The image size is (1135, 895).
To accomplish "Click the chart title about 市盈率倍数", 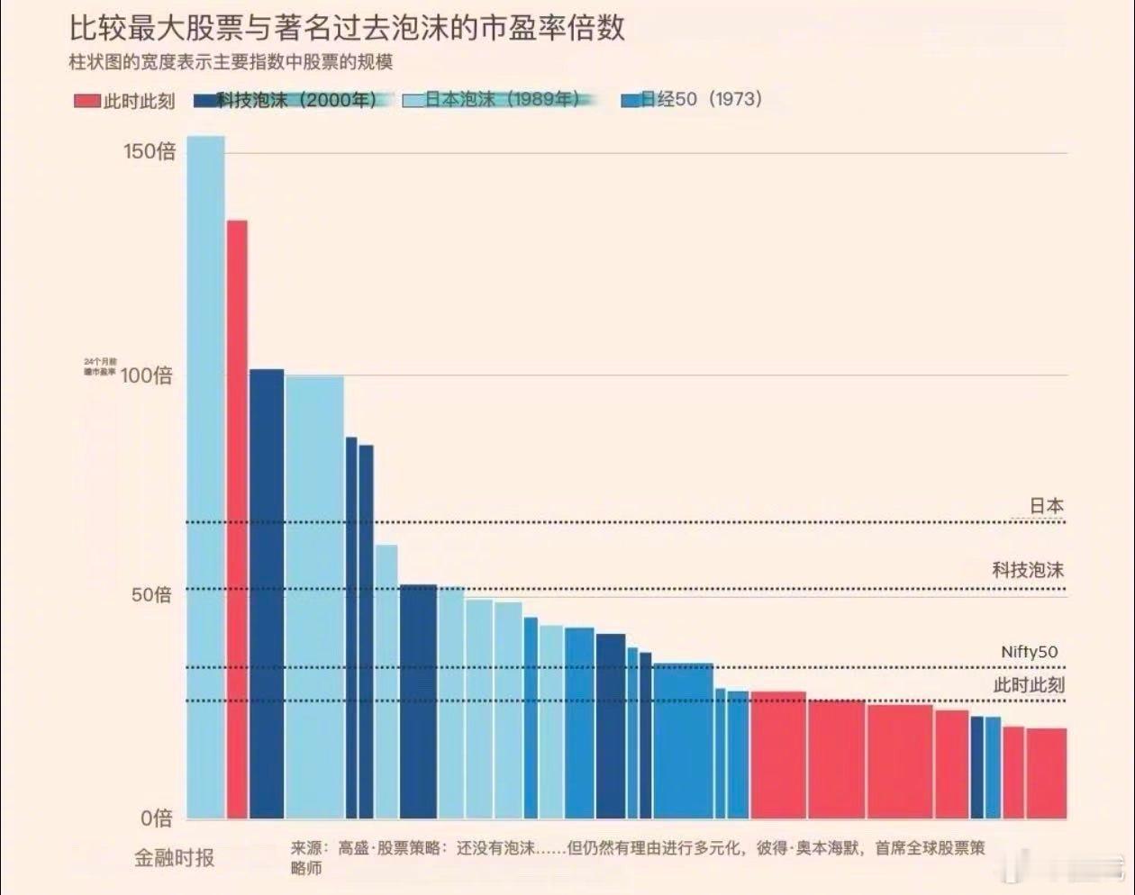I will click(x=347, y=28).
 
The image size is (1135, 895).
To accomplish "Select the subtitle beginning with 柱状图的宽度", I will click(x=231, y=62).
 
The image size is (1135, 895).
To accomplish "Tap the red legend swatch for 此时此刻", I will click(x=86, y=100).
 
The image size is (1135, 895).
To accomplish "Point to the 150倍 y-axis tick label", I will click(x=150, y=151).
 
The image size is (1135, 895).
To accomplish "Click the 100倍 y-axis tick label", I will click(x=146, y=375).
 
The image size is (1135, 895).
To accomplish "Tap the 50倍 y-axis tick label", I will click(x=151, y=595).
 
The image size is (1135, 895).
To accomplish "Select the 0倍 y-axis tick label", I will click(x=156, y=818).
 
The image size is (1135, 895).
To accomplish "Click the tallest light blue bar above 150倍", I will click(x=205, y=477).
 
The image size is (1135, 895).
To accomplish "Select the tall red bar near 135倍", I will click(x=237, y=519).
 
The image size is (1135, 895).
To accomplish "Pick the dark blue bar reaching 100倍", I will click(x=267, y=593).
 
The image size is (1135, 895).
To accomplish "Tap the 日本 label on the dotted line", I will click(x=1046, y=506).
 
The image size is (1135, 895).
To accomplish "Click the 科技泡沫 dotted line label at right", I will click(x=1028, y=570).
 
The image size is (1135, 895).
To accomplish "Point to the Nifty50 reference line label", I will click(x=1029, y=652).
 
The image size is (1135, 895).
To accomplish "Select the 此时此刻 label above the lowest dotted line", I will click(x=1029, y=685).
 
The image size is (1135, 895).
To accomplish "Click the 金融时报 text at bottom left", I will click(x=175, y=858).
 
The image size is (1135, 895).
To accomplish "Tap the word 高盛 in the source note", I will click(x=353, y=848).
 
